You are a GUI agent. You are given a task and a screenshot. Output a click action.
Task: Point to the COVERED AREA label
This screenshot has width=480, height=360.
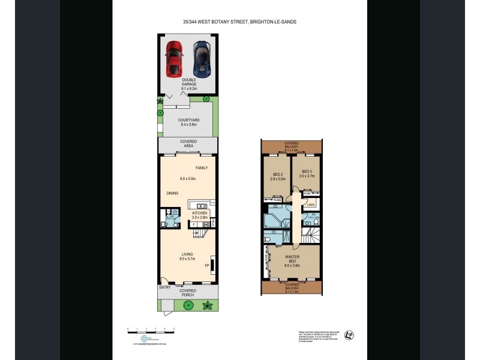(188, 144)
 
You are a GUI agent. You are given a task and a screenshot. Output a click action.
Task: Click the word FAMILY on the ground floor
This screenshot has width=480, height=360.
(202, 168)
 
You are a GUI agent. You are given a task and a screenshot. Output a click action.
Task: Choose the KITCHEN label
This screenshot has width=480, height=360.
(200, 213)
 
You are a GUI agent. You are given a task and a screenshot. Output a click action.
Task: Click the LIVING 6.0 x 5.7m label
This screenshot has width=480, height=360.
(188, 257)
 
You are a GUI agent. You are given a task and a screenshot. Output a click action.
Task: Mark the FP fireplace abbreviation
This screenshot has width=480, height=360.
(206, 265)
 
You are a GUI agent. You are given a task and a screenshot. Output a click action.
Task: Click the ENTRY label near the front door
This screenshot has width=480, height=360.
(165, 287)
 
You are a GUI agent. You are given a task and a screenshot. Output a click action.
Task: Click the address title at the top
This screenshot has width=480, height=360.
(239, 22)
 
